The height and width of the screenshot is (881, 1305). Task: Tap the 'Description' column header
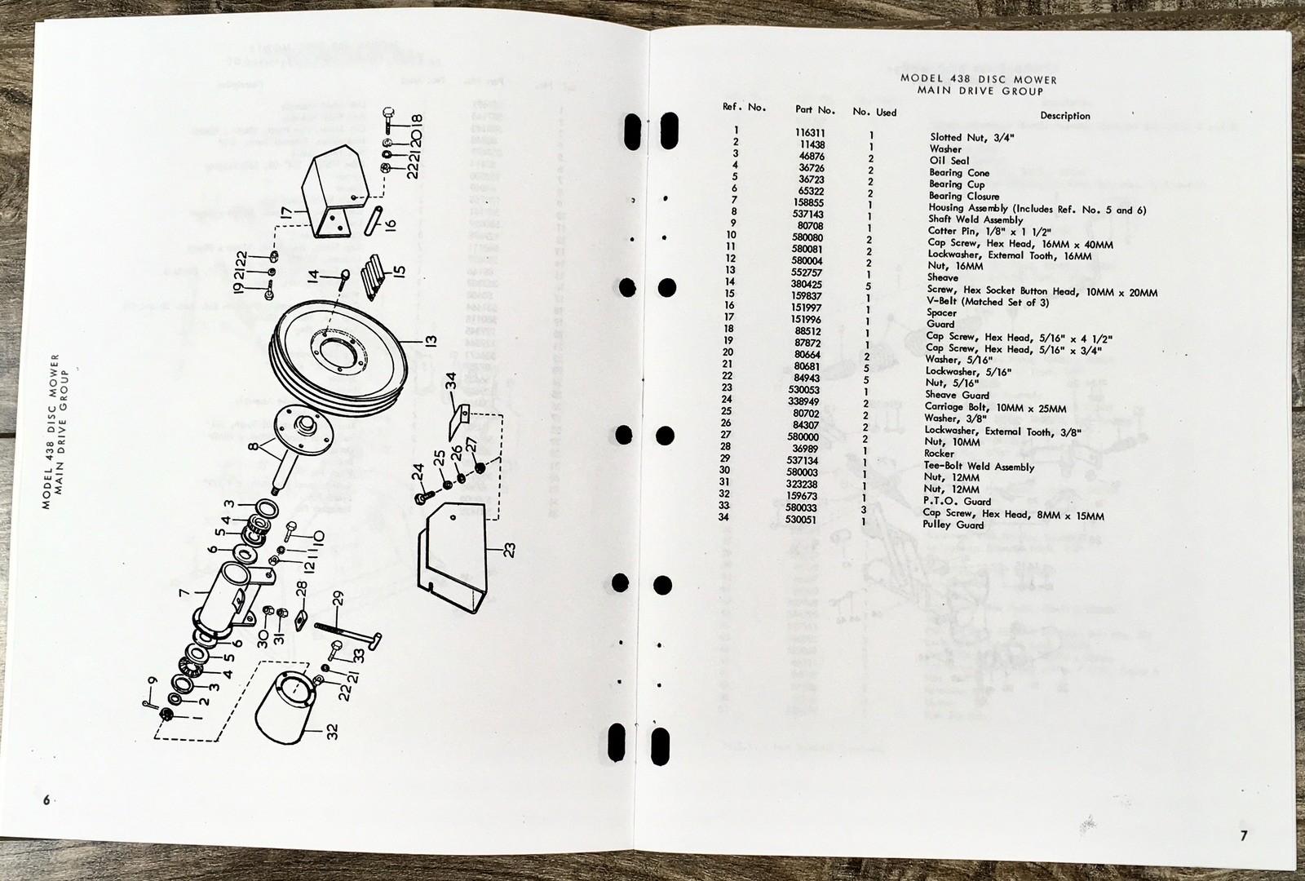tap(1064, 116)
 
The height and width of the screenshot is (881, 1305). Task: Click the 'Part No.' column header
tap(815, 109)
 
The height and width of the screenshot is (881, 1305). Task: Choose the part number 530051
tap(801, 519)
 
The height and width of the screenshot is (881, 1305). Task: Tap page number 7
tap(1244, 835)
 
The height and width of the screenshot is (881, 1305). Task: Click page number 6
tap(46, 799)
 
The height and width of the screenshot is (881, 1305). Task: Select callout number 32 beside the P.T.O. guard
tap(332, 733)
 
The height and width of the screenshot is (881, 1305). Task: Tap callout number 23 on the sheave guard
tap(510, 551)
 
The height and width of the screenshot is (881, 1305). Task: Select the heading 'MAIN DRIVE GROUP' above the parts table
tap(980, 91)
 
